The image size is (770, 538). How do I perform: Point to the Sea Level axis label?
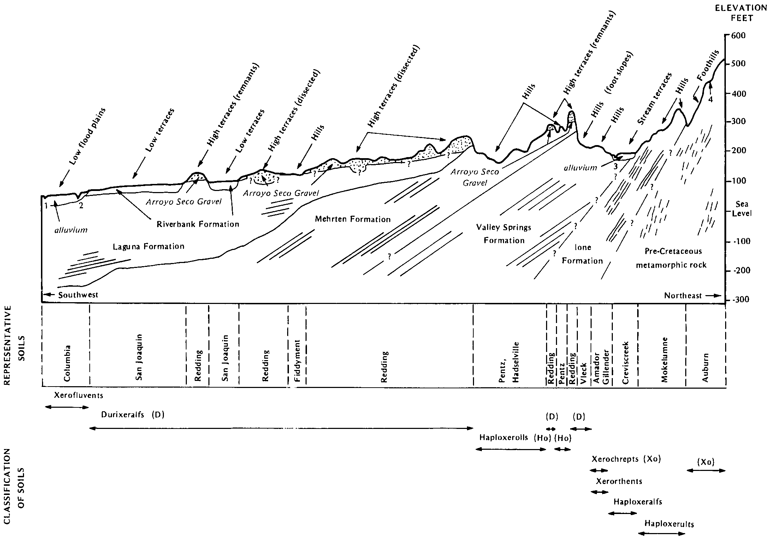click(742, 209)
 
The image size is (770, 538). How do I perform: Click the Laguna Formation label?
click(148, 246)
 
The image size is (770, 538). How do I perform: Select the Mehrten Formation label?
click(353, 219)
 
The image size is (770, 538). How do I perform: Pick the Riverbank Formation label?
click(198, 224)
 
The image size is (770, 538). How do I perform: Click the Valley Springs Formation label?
click(504, 234)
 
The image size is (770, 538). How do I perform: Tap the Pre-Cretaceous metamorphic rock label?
click(671, 258)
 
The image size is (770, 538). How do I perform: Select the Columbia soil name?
click(67, 363)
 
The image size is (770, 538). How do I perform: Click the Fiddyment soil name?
click(297, 361)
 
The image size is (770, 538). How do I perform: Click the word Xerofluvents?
click(79, 395)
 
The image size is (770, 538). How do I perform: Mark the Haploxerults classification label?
click(669, 524)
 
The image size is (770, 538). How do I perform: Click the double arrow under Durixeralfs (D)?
click(281, 428)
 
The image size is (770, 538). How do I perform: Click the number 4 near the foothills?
click(710, 99)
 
